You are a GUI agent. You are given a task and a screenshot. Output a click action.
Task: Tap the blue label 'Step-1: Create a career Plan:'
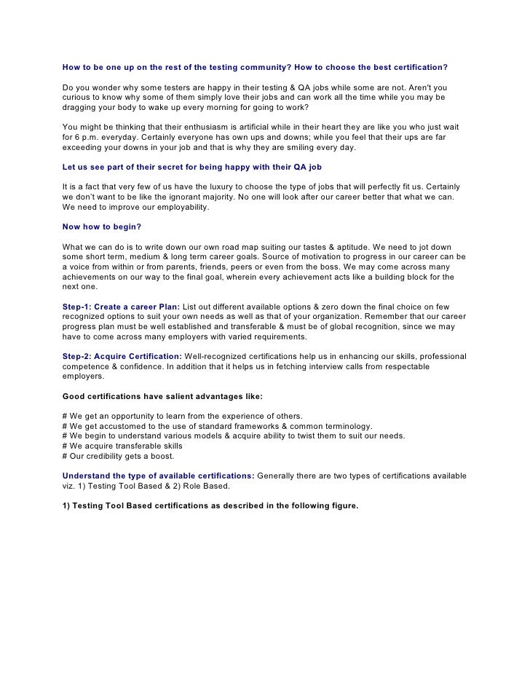pyautogui.click(x=121, y=307)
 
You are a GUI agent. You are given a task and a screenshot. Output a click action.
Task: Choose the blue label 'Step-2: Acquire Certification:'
pyautogui.click(x=122, y=356)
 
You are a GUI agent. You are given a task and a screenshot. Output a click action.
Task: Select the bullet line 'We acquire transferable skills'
pyautogui.click(x=123, y=446)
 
